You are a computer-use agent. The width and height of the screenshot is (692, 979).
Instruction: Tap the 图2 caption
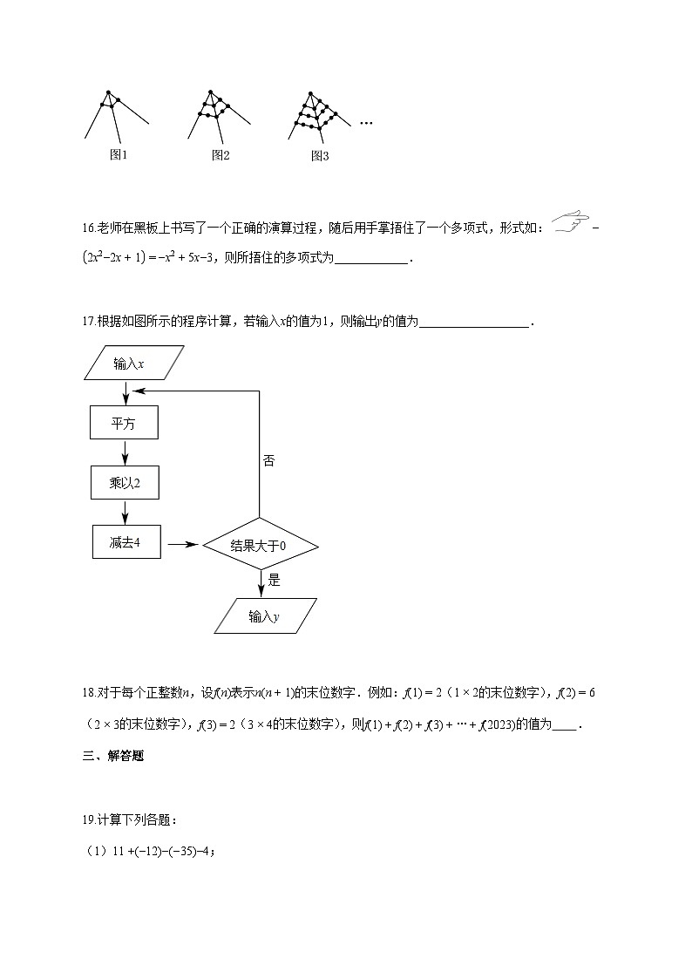click(220, 155)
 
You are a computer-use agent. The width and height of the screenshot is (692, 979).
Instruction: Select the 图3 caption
click(320, 156)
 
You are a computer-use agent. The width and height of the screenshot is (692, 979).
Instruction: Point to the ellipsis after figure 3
click(366, 124)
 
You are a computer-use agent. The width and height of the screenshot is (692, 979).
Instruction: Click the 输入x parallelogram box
click(134, 364)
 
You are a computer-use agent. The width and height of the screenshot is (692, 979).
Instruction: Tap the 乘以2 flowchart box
click(124, 482)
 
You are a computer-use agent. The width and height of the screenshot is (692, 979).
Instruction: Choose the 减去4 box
click(124, 542)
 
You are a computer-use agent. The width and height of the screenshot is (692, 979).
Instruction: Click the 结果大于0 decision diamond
click(260, 546)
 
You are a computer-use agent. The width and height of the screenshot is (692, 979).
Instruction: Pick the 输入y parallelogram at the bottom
click(265, 616)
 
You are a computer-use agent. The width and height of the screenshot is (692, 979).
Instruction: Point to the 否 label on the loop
click(268, 461)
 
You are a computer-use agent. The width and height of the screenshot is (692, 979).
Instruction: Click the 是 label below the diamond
click(274, 579)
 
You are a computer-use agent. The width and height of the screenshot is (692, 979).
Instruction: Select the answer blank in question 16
click(371, 260)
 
